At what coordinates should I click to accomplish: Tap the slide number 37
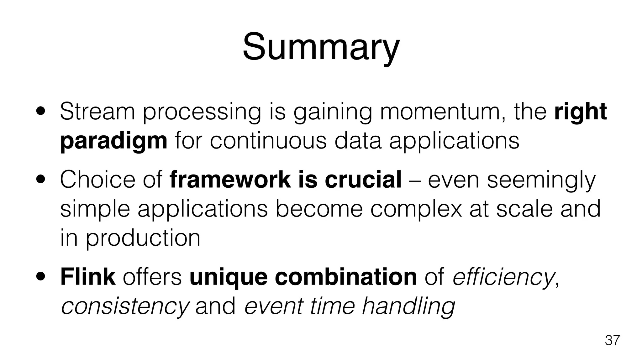(x=612, y=340)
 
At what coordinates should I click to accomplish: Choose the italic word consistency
(x=125, y=306)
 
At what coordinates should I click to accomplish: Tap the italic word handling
(x=408, y=306)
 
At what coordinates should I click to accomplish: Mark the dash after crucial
(x=414, y=180)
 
